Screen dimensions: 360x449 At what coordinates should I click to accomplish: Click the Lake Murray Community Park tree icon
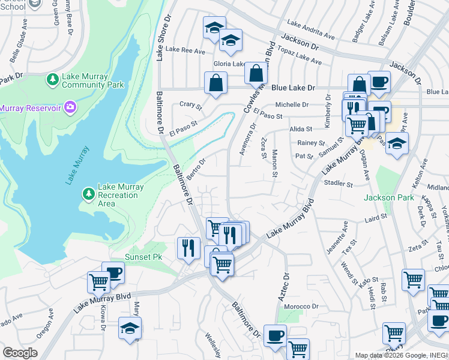pos(53,79)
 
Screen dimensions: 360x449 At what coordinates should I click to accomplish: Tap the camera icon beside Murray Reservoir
pos(70,107)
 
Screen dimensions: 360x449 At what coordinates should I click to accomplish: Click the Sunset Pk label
pos(143,257)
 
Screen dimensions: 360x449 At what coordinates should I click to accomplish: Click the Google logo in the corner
pos(20,353)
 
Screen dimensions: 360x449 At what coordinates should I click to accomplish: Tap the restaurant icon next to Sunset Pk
pos(188,247)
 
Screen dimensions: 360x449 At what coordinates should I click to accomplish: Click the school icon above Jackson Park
pos(397,143)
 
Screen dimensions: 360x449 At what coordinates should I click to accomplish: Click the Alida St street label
pos(301,129)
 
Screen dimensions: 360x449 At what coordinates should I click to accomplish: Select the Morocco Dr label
pos(301,306)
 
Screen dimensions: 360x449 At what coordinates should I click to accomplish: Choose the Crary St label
pos(191,104)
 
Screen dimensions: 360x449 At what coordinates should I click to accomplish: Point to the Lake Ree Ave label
pos(185,51)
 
